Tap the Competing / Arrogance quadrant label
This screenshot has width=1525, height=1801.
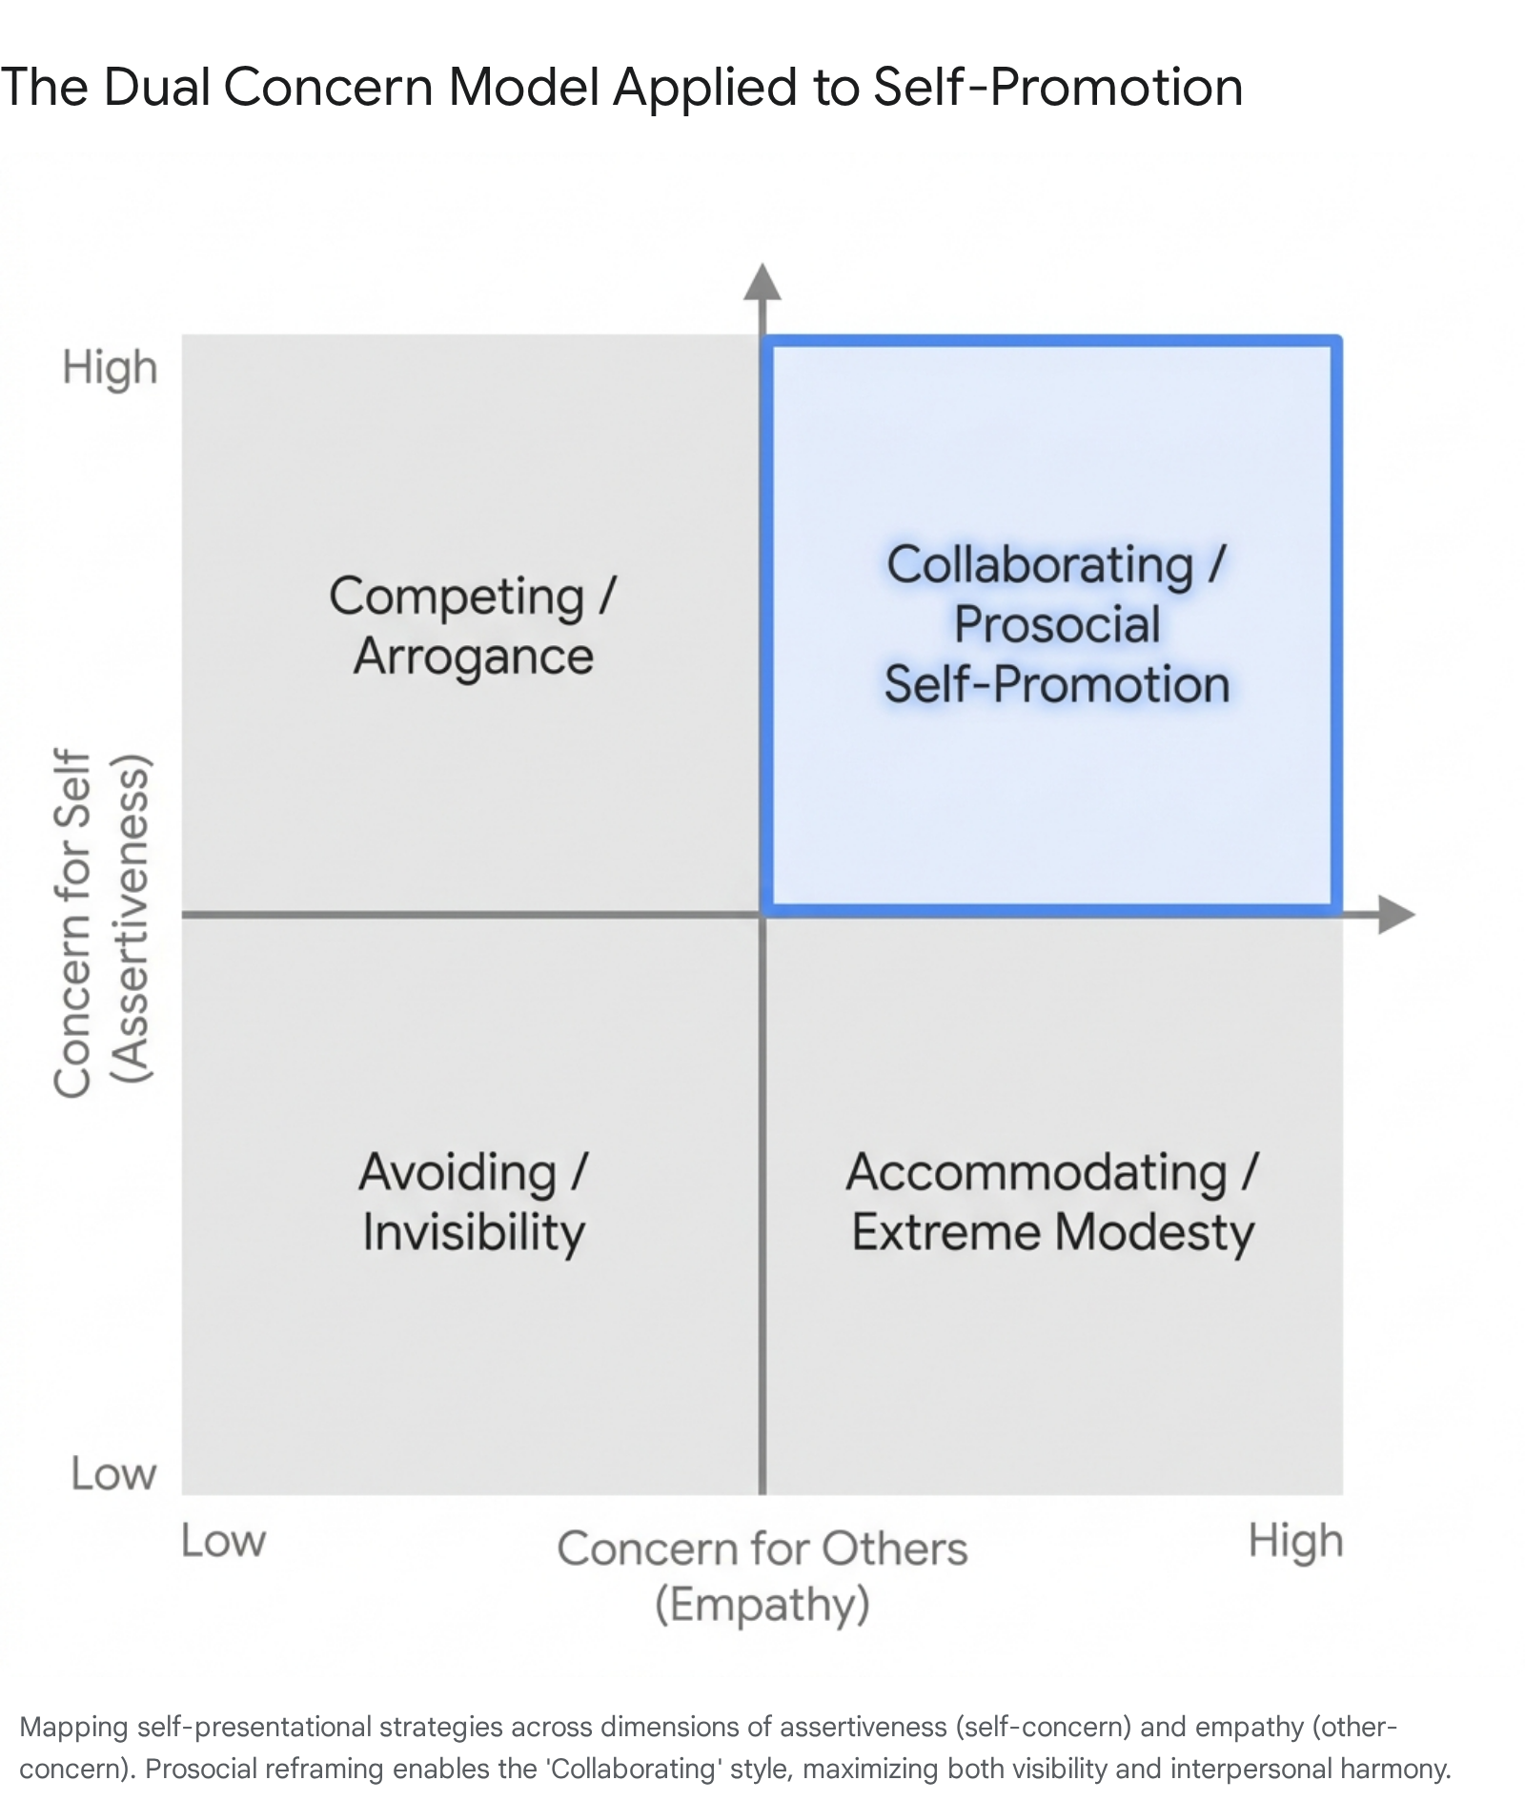(x=474, y=626)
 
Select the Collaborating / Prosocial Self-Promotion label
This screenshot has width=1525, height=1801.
(x=1057, y=624)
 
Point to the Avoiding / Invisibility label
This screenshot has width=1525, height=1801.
(x=474, y=1203)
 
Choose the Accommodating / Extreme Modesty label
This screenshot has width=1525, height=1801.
(x=1053, y=1203)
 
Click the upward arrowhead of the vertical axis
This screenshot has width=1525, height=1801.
(x=762, y=282)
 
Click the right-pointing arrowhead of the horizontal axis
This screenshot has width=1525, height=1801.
(x=1396, y=915)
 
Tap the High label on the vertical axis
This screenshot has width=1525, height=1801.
(x=110, y=369)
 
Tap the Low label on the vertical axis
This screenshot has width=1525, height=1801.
(x=113, y=1474)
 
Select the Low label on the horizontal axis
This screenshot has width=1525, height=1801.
(x=223, y=1541)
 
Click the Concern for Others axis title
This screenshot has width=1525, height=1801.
(x=762, y=1548)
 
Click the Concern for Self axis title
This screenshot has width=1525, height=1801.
(x=72, y=922)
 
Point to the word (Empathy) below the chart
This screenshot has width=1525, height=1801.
(x=762, y=1605)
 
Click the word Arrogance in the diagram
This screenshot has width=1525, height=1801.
(x=474, y=657)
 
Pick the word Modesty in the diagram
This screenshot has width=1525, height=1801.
(x=1155, y=1233)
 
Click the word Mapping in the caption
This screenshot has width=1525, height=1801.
(x=74, y=1728)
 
